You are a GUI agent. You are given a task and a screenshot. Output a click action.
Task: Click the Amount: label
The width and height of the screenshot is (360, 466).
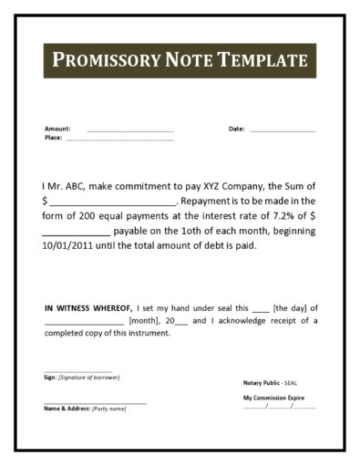[57, 129]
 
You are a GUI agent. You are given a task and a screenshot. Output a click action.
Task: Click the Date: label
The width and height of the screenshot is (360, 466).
[236, 129]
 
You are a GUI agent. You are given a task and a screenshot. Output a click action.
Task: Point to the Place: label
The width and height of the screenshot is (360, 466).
[53, 138]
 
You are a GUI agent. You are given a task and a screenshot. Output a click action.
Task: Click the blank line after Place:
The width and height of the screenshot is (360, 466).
[118, 140]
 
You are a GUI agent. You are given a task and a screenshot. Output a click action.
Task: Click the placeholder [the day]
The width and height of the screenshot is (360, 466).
[291, 307]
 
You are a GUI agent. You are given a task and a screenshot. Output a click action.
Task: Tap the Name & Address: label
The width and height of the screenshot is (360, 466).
[67, 408]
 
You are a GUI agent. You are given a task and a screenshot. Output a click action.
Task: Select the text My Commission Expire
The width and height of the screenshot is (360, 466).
[273, 399]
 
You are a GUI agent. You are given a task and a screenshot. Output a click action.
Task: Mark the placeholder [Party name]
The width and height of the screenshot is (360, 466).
[109, 408]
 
